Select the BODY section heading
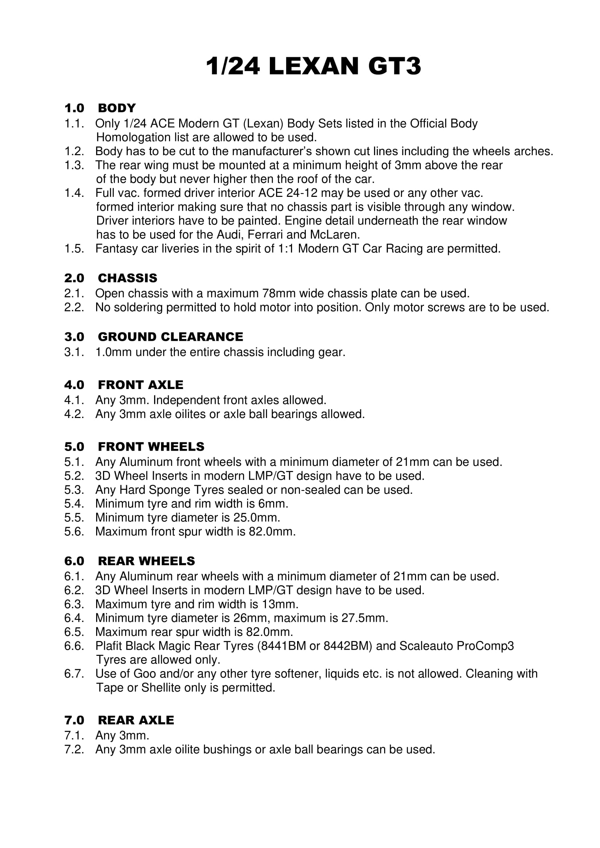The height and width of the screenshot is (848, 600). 117,108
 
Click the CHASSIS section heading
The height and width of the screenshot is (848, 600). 127,278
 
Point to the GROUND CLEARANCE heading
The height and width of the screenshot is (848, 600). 170,337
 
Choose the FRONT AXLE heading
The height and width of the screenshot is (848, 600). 140,385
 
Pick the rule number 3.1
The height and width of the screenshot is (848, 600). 74,352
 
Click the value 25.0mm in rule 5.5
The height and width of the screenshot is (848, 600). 256,517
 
